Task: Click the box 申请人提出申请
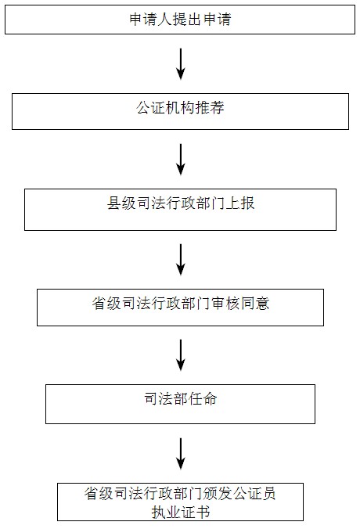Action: [x=180, y=20]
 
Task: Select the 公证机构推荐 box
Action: [x=180, y=111]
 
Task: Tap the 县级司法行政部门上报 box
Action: [x=180, y=210]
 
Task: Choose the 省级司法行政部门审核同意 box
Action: [x=180, y=308]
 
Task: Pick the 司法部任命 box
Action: [x=180, y=404]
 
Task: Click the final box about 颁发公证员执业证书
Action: [x=180, y=502]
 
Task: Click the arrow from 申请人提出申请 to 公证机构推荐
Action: [x=181, y=64]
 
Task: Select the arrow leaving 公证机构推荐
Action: [x=181, y=160]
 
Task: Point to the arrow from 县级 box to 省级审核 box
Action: [x=181, y=260]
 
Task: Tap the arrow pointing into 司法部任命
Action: [x=181, y=355]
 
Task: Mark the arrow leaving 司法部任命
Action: [x=181, y=454]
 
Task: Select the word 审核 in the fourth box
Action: [x=225, y=304]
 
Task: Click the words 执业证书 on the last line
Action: [x=181, y=512]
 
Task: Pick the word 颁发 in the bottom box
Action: [x=218, y=494]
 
